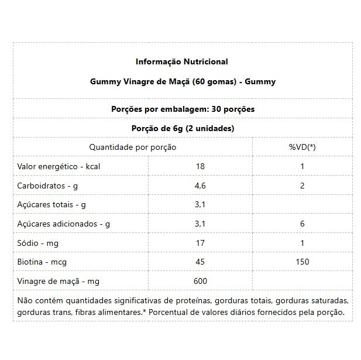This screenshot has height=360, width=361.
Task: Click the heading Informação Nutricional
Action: tap(182, 61)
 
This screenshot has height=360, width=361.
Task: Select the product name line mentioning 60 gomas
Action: tap(182, 81)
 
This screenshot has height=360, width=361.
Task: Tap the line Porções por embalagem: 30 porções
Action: tap(182, 109)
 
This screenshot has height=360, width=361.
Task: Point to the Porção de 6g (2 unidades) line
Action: tap(182, 128)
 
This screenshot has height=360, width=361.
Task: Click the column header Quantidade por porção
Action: tap(132, 147)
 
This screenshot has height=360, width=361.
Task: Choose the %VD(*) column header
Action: tap(302, 147)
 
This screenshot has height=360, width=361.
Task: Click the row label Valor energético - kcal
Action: tap(59, 166)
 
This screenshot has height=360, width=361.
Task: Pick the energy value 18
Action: tap(200, 166)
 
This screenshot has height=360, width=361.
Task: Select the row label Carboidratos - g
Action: tap(49, 186)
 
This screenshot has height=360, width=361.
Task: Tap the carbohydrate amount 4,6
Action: tap(200, 186)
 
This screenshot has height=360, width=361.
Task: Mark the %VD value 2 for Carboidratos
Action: tap(302, 186)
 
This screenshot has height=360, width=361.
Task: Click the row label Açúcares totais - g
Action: tap(52, 204)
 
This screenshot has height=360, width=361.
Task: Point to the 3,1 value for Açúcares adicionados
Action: tap(200, 224)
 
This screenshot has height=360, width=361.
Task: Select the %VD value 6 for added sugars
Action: tap(302, 224)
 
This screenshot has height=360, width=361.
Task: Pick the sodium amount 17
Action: tap(200, 243)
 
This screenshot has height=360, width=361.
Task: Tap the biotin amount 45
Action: tap(200, 262)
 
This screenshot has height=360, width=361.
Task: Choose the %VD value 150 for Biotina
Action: tap(302, 262)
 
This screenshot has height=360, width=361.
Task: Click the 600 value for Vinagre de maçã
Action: tap(200, 281)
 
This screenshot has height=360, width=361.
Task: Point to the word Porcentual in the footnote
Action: tap(170, 312)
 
